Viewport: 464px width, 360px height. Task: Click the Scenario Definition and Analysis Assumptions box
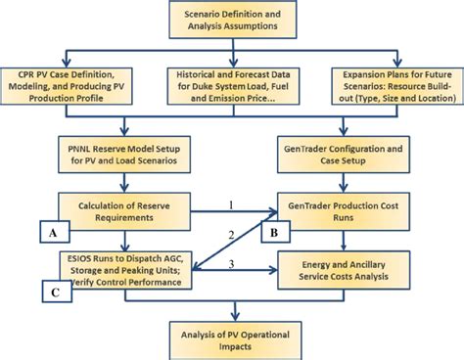pyautogui.click(x=232, y=22)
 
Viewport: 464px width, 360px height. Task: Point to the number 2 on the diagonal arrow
pyautogui.click(x=232, y=234)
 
